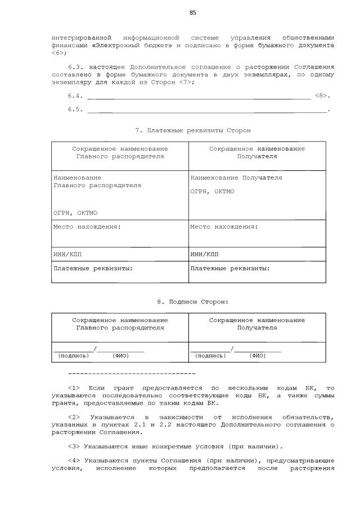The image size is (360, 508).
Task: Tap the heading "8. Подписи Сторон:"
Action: (192, 301)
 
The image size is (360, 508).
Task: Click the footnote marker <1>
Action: (74, 388)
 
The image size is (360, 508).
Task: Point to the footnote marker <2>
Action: (74, 417)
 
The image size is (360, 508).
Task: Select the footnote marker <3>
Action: (74, 446)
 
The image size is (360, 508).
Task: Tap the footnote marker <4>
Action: (74, 460)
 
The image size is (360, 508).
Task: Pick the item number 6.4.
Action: (75, 96)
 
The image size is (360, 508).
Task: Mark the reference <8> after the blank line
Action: (321, 96)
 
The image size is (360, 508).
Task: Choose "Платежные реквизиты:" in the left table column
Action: (93, 268)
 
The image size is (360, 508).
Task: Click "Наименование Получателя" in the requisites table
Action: (236, 178)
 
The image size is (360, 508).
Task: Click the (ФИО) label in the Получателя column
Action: (258, 356)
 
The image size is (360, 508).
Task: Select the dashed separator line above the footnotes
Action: (131, 373)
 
